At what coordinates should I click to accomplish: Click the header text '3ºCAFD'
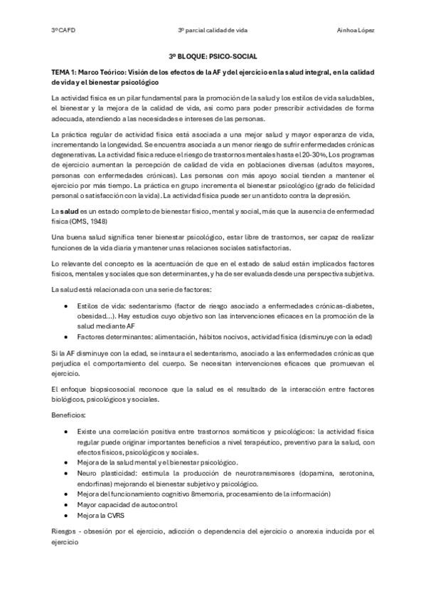(60, 30)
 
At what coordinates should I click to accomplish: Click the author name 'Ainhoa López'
(356, 30)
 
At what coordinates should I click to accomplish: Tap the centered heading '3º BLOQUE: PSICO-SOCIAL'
(213, 55)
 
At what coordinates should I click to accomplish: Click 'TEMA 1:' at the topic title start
(65, 73)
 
